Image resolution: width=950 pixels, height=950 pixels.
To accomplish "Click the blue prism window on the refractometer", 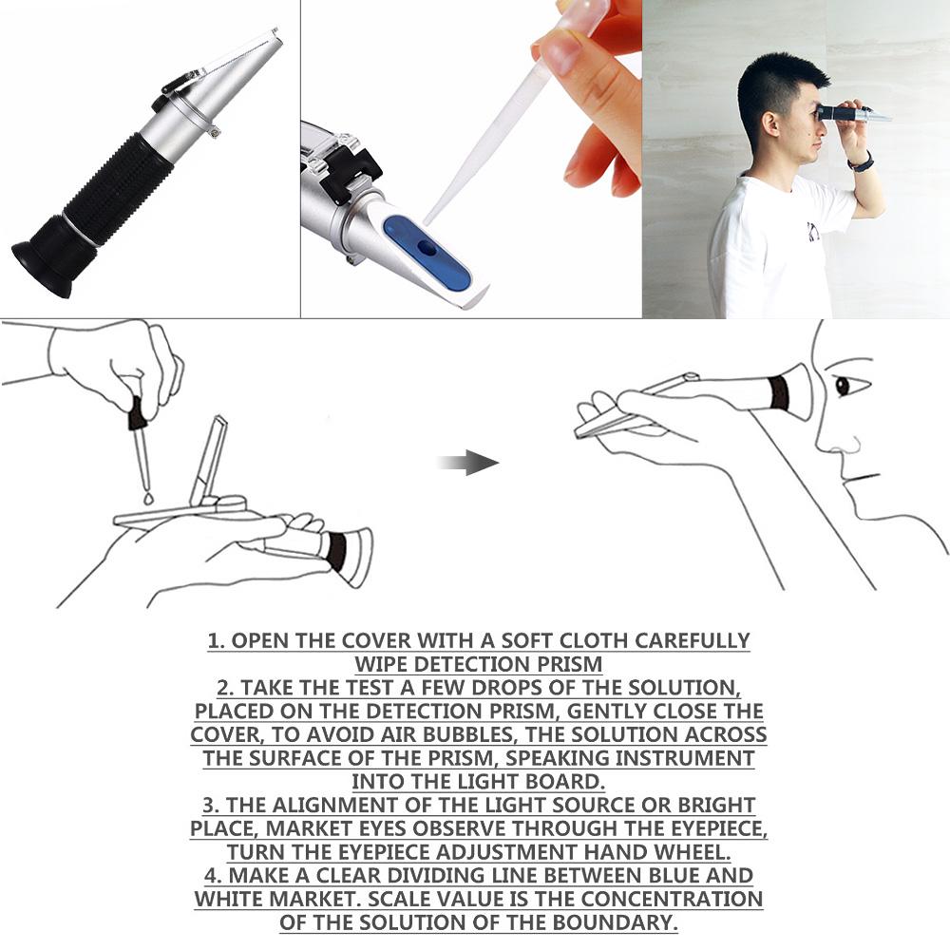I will pos(427,253).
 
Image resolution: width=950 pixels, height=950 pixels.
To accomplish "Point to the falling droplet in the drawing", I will pos(149,497).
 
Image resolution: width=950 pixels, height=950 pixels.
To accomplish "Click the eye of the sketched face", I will pos(842,386).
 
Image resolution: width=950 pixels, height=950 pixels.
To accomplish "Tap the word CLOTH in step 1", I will pos(543,640).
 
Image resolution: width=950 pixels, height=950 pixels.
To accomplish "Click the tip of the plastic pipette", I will pos(428,220).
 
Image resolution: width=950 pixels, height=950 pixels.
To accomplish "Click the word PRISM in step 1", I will pos(569,664).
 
